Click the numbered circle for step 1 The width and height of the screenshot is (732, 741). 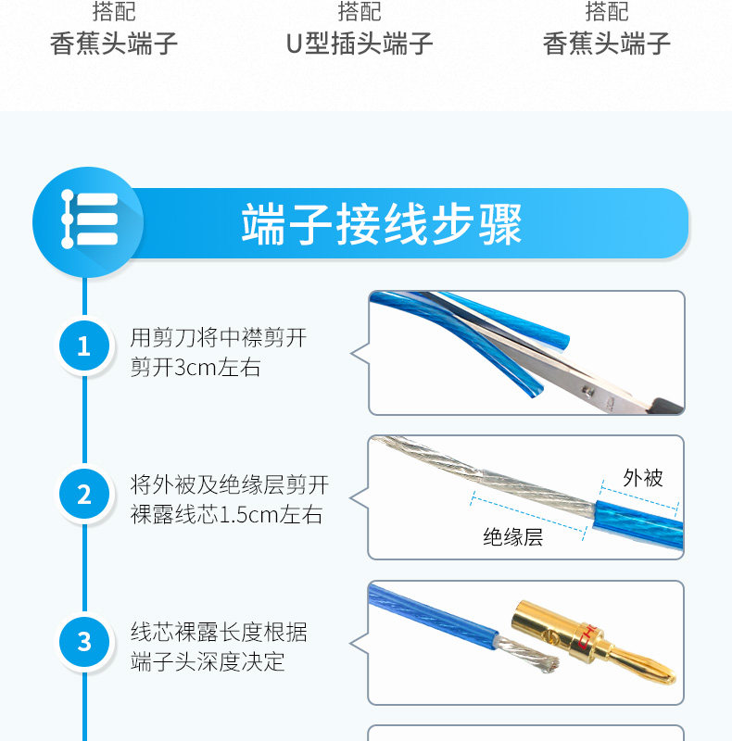pos(84,345)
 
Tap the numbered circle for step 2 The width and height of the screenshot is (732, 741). pos(84,495)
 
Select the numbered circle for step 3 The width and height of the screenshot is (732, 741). pos(84,642)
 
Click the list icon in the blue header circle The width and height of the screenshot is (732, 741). pos(89,219)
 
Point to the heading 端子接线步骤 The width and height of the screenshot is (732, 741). pos(382,224)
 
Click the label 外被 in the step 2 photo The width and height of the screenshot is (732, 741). pos(643,478)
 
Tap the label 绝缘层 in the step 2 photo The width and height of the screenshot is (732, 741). pos(513,537)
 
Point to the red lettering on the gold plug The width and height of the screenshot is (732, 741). pos(587,636)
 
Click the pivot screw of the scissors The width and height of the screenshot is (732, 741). pos(587,391)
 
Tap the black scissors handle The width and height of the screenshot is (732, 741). pos(668,406)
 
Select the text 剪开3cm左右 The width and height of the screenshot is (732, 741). pos(196,368)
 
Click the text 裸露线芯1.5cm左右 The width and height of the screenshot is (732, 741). pos(226,515)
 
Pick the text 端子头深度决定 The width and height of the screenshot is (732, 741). pos(208,661)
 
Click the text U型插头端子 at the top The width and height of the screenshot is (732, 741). pos(360,44)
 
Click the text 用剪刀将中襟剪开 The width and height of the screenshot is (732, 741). pos(219,338)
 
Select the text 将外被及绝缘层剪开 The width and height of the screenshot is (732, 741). pos(230,485)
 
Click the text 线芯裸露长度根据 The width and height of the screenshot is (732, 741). pos(219,633)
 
